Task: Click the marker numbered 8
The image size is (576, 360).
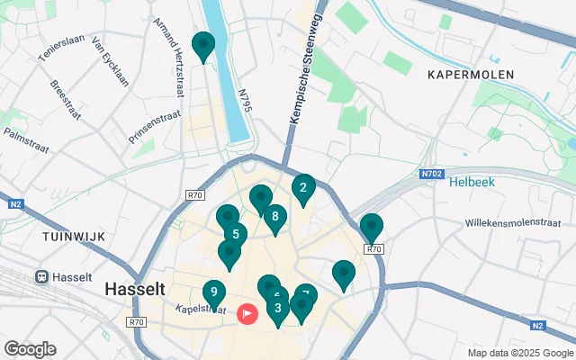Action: click(274, 217)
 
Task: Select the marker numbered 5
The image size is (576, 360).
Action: click(235, 235)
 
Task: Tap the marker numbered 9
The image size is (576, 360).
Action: click(213, 292)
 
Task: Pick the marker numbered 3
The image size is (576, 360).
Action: click(277, 309)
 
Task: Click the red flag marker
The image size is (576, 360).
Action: click(247, 313)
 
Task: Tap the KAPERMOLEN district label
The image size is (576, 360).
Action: click(471, 75)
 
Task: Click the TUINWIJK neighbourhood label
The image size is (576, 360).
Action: click(74, 236)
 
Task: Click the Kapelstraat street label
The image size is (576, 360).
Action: click(202, 309)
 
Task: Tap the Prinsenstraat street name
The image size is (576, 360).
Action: click(156, 127)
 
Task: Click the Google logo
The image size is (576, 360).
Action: click(30, 349)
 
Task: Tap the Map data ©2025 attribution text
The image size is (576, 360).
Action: click(520, 352)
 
